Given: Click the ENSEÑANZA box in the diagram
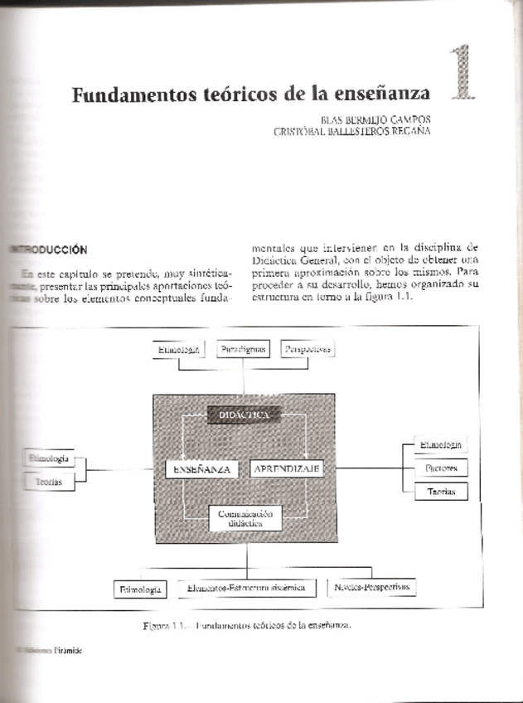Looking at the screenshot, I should [x=201, y=468].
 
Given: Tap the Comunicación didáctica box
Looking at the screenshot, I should [x=245, y=519].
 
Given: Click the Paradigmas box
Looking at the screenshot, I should [x=245, y=350].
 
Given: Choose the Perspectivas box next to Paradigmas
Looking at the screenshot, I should [x=306, y=350].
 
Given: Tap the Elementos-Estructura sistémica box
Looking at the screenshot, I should [x=246, y=588].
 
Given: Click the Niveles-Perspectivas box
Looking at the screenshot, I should [x=372, y=588].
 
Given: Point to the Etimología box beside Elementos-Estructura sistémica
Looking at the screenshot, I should [x=140, y=589].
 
